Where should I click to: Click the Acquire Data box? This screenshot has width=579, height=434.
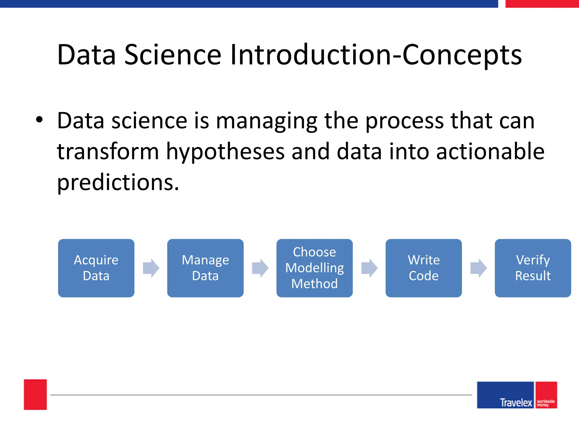point(96,268)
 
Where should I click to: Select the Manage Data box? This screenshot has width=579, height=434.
point(205,268)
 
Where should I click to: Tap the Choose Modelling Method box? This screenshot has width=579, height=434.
point(314,268)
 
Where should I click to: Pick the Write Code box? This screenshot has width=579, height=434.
point(424,268)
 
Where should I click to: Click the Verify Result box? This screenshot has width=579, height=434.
point(533,268)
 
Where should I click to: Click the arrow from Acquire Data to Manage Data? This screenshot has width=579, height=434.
point(151,268)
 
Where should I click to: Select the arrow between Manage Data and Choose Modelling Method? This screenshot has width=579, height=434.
point(260,268)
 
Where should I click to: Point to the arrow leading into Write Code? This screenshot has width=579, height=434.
point(369,268)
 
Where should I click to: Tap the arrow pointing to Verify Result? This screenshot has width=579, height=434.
point(478,268)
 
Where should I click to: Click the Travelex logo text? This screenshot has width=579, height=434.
point(516,402)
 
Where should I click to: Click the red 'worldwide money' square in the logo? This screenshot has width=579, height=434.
point(546,395)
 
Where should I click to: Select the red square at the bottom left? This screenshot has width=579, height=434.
point(35,394)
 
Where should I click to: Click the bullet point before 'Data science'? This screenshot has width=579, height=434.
point(39,120)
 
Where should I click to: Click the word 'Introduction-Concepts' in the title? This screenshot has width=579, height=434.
point(376,55)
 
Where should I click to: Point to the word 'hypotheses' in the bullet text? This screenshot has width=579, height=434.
point(225,152)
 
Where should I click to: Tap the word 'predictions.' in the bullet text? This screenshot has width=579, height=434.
point(118,182)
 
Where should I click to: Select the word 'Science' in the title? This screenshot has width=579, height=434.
point(173,55)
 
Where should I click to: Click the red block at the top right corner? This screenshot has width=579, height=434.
point(542,4)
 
